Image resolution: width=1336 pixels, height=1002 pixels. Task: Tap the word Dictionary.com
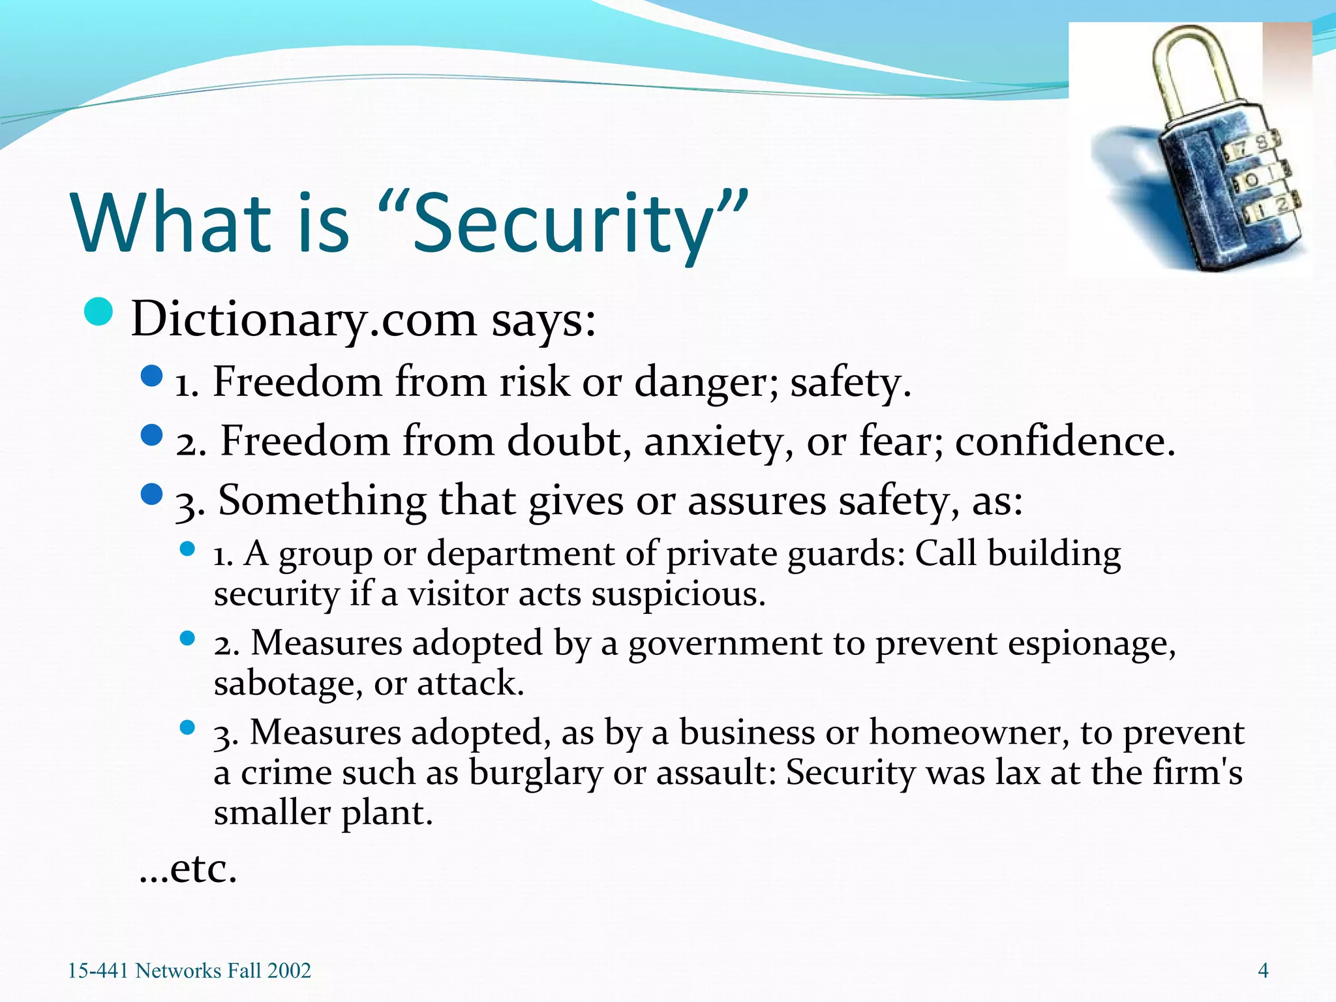(303, 320)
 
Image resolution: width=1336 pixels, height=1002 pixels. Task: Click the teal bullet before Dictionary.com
(99, 312)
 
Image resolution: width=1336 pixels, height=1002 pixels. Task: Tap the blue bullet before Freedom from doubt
(151, 435)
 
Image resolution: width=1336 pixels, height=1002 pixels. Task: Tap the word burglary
(535, 773)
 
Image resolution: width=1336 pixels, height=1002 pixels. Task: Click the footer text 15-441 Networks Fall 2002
(189, 971)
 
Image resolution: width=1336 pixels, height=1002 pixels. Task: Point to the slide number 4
(1263, 971)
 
